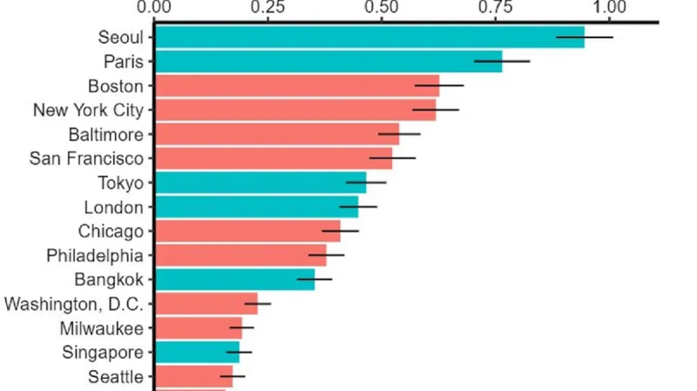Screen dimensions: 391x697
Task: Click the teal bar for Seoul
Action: coord(366,37)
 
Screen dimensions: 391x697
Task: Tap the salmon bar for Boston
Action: coord(296,86)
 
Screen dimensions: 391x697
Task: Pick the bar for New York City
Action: coord(294,111)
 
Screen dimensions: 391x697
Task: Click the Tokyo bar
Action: coord(260,183)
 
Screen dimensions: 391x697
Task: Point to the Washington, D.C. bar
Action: coord(206,304)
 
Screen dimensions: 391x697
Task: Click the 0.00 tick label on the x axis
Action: coord(155,8)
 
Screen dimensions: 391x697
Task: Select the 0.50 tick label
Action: coord(382,8)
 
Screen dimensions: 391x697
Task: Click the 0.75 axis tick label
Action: coord(497,8)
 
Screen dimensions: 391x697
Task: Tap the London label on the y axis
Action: coord(113,207)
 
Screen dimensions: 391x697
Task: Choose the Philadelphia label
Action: coord(95,256)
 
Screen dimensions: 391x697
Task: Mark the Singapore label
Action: coord(103,353)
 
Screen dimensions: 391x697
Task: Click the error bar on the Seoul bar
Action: coord(585,37)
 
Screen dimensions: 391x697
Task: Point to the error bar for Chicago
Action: coord(341,232)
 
